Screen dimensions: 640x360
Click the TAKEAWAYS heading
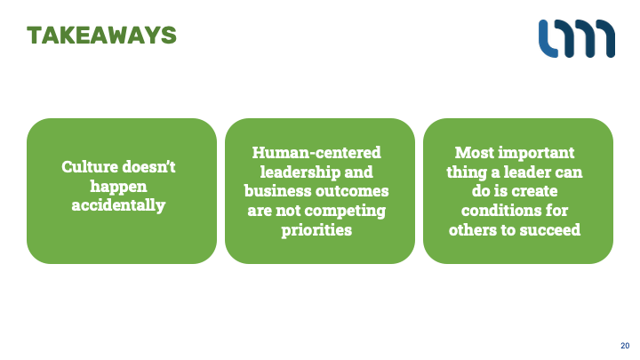[x=101, y=35]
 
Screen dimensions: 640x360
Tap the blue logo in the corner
[x=577, y=38]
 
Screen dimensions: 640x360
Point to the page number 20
[x=625, y=346]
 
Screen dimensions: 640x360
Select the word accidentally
[x=118, y=205]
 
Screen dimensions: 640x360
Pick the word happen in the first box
[x=118, y=187]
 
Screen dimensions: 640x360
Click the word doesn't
[x=148, y=166]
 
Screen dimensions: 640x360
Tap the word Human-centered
[x=316, y=153]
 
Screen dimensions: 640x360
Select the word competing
[x=345, y=211]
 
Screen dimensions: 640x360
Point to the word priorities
[x=316, y=230]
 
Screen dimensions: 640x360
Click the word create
[x=535, y=191]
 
